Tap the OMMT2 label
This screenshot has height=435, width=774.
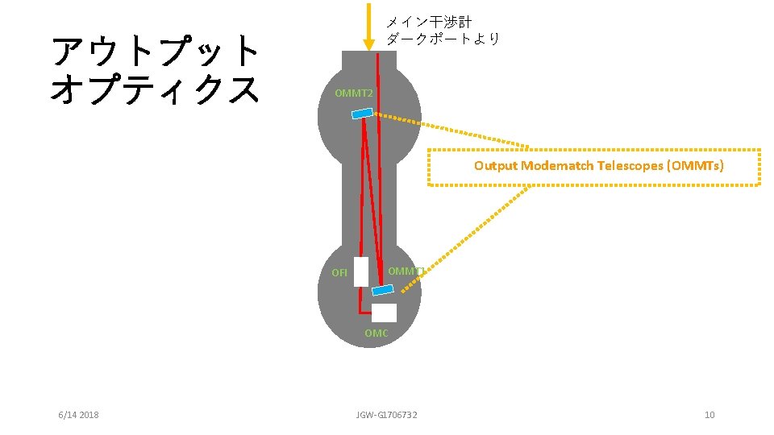(x=354, y=93)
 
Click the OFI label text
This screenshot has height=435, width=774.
(x=339, y=272)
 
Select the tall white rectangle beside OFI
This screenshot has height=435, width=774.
(x=360, y=271)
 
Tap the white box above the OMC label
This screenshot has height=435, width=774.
(x=385, y=313)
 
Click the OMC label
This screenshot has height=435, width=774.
(x=376, y=333)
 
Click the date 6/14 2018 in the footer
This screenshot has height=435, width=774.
(x=79, y=414)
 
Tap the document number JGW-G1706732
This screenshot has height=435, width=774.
(x=387, y=414)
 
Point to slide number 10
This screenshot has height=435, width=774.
(x=709, y=414)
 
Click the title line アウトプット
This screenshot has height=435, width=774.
(x=155, y=52)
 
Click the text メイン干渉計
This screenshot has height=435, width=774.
(x=429, y=22)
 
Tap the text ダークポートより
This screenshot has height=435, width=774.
(x=443, y=39)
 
